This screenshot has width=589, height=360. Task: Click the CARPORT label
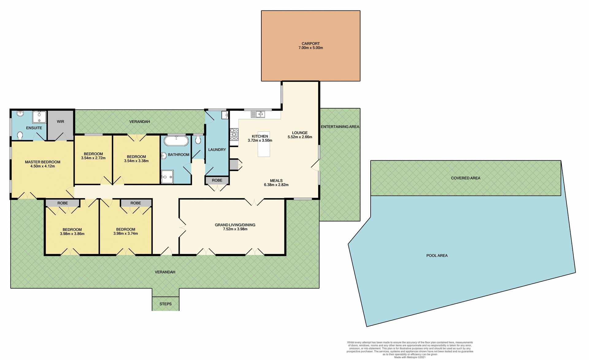click(x=310, y=44)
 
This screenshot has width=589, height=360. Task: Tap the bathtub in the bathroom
click(x=176, y=141)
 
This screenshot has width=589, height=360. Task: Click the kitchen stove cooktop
click(x=234, y=134)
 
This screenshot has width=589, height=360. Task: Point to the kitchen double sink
click(x=258, y=114)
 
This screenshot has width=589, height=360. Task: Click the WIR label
click(x=60, y=122)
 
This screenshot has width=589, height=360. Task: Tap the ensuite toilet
click(x=20, y=135)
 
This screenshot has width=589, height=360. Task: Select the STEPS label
click(x=165, y=304)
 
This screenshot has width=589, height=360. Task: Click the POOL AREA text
click(x=437, y=255)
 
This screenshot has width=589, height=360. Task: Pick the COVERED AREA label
click(x=465, y=178)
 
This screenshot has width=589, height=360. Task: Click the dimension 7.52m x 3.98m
click(x=235, y=229)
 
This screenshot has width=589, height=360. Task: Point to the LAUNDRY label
click(x=217, y=150)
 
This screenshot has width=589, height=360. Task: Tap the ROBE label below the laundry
click(x=217, y=180)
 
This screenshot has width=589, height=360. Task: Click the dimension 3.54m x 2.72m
click(x=93, y=158)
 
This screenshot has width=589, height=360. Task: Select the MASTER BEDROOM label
click(x=43, y=162)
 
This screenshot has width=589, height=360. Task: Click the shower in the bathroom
click(x=167, y=177)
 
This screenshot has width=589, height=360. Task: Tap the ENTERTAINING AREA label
click(x=340, y=127)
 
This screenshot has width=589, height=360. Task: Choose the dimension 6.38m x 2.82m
click(x=276, y=185)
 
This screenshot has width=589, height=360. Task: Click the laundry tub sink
click(x=225, y=115)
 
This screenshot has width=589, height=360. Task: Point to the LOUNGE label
click(x=300, y=133)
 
